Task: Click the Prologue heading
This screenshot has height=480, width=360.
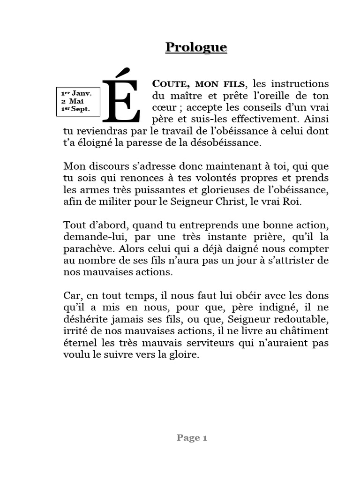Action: pyautogui.click(x=196, y=47)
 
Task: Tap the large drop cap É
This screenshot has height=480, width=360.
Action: pyautogui.click(x=121, y=97)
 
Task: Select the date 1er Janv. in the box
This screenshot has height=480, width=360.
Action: pyautogui.click(x=76, y=93)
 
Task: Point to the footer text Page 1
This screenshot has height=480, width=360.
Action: pyautogui.click(x=192, y=438)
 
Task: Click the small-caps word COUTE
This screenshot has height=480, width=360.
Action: pyautogui.click(x=170, y=84)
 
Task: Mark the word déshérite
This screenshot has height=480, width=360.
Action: pyautogui.click(x=84, y=320)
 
